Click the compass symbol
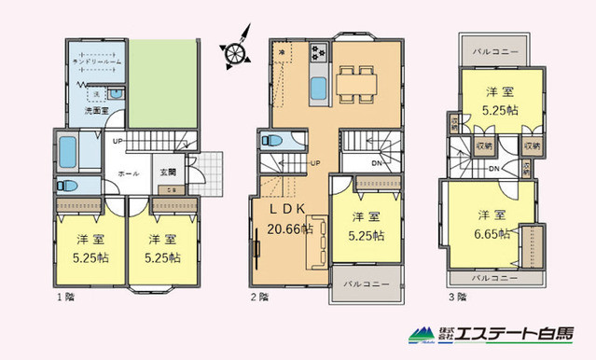(237, 54)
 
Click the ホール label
(129, 173)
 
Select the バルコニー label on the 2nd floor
(367, 282)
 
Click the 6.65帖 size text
(491, 232)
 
